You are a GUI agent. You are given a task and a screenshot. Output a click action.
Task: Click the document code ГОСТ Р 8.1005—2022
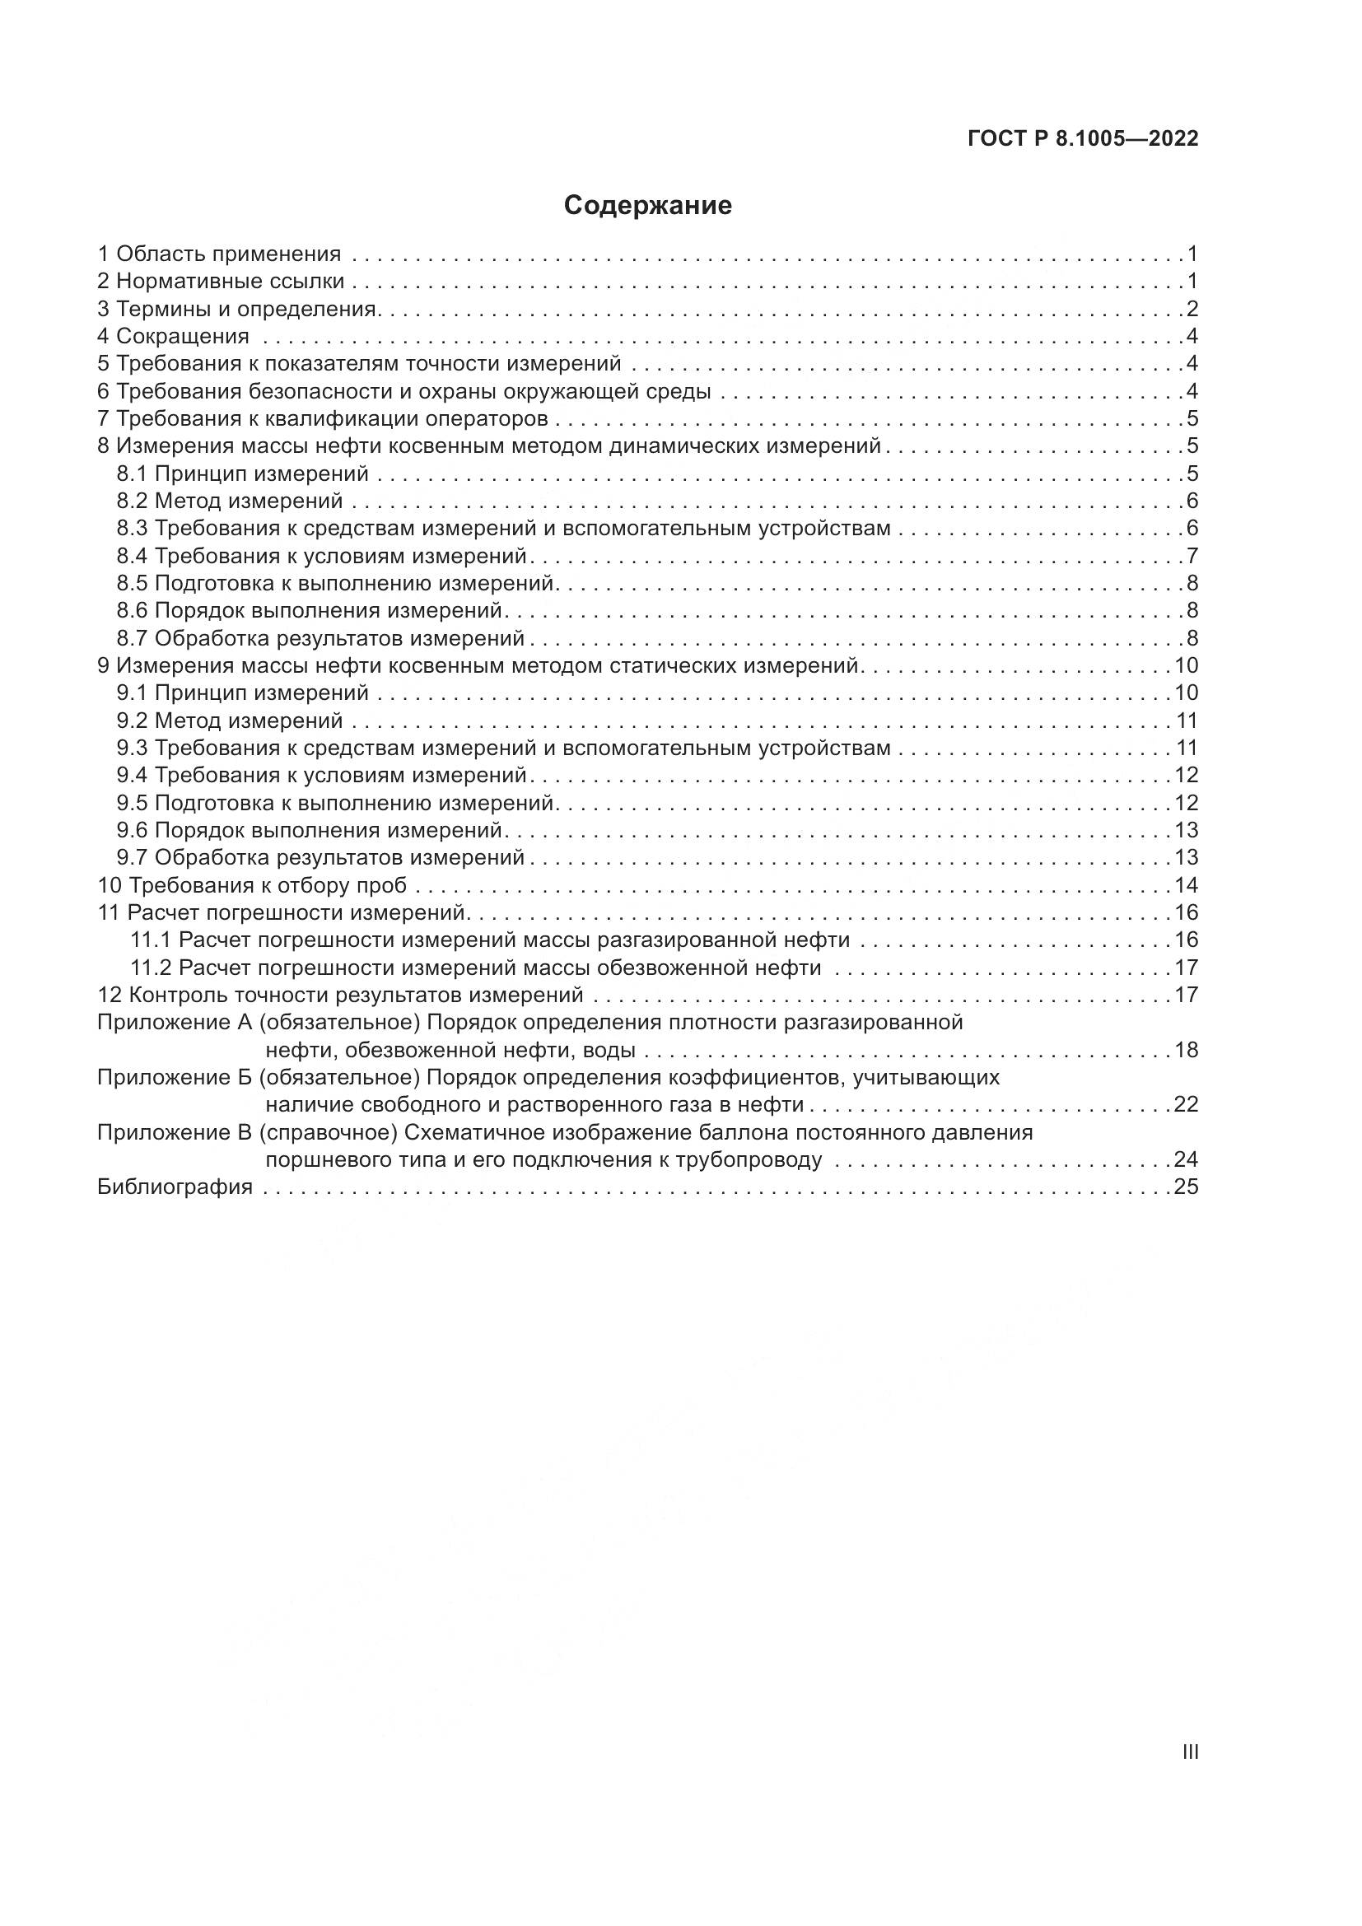pos(1083,139)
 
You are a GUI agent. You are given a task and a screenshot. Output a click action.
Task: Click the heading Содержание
pos(647,206)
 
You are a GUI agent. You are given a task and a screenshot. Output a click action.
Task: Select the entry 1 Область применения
pos(220,254)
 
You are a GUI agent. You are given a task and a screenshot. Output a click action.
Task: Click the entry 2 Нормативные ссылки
pos(222,281)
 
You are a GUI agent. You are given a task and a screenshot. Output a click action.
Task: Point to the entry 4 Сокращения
pos(174,337)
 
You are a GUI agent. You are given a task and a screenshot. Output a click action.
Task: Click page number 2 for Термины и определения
pos(1192,309)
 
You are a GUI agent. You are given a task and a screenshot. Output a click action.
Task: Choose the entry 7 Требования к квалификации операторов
pos(323,418)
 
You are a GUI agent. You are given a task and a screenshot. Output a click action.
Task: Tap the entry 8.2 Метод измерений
pos(230,501)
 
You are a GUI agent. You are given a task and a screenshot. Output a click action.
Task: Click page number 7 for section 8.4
pos(1192,556)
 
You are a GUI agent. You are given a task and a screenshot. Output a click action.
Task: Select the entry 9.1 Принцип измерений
pos(242,693)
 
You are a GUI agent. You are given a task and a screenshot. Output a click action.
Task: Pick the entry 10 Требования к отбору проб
pos(253,886)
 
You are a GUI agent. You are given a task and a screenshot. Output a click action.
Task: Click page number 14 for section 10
pos(1186,886)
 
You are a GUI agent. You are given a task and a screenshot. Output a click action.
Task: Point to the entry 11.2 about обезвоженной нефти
pos(475,968)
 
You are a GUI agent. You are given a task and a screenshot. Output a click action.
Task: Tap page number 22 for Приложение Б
pos(1186,1105)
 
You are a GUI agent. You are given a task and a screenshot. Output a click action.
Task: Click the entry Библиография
pos(175,1187)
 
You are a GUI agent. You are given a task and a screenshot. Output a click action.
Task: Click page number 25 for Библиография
pos(1186,1187)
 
